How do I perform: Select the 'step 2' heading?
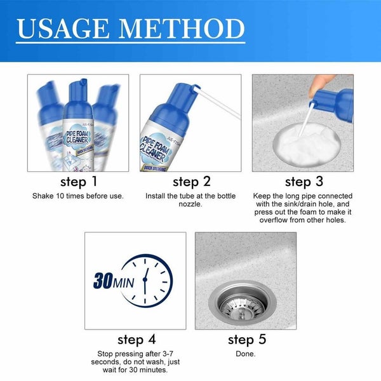tap(190, 183)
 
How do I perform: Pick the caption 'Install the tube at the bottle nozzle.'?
tap(190, 200)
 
